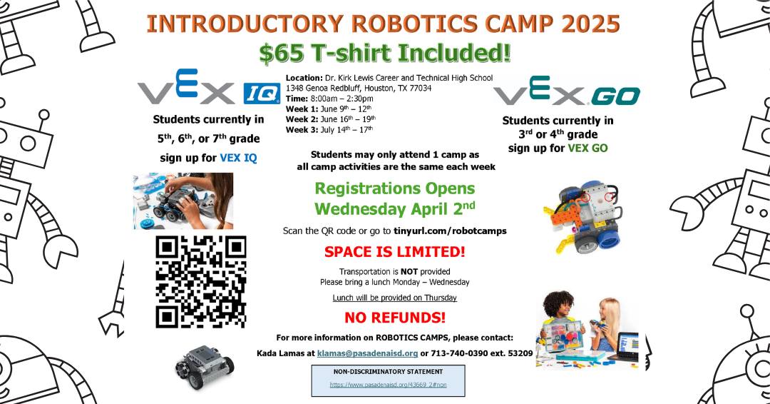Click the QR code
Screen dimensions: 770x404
click(201, 282)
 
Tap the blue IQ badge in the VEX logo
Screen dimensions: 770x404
click(261, 94)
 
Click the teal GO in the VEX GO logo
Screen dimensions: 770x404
click(615, 96)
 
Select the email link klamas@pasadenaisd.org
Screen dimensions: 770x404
click(367, 353)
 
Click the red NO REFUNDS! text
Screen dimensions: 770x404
click(395, 318)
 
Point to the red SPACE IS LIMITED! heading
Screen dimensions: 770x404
click(394, 252)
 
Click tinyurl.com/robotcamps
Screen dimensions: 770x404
click(450, 231)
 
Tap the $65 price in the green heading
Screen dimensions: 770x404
click(282, 53)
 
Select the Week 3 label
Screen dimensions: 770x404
click(302, 130)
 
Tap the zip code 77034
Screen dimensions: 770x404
click(421, 89)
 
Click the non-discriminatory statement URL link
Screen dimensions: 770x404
click(388, 385)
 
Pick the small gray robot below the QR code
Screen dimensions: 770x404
click(205, 367)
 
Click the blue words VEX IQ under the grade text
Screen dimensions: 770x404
click(238, 158)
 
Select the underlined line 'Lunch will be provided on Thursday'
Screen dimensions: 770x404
click(394, 298)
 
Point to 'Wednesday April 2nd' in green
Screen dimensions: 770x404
click(395, 208)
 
